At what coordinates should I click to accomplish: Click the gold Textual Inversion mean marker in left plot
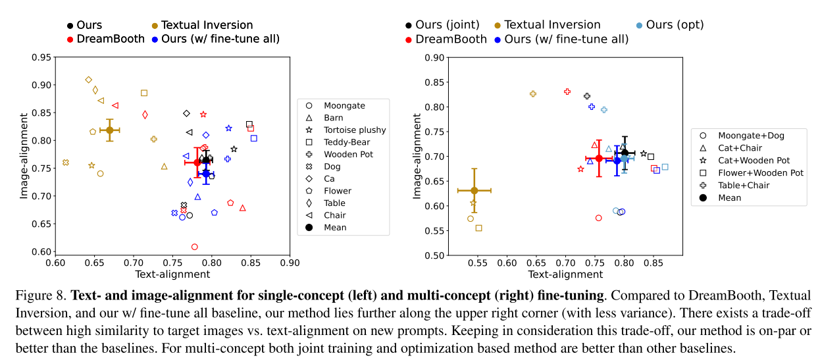110,130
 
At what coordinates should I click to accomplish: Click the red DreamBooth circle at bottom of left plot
194,247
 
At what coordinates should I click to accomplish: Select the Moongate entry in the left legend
344,105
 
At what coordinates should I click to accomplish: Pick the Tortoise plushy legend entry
355,130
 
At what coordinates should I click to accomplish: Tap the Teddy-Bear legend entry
347,142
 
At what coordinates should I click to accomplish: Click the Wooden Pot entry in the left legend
348,155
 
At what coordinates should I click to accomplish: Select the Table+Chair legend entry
748,186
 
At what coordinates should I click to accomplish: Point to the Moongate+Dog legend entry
751,136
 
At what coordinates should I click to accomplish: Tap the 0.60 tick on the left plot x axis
56,263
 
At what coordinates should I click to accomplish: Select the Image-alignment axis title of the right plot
416,157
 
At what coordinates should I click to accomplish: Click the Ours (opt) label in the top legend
675,25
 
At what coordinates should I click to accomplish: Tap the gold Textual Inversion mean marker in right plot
474,190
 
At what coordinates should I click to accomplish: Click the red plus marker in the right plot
567,91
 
